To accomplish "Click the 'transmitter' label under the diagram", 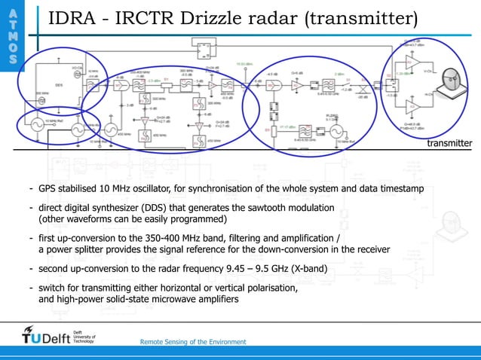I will tap(449, 142).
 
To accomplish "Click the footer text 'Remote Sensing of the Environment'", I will tap(193, 342).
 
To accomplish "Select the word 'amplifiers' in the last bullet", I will tap(216, 300).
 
